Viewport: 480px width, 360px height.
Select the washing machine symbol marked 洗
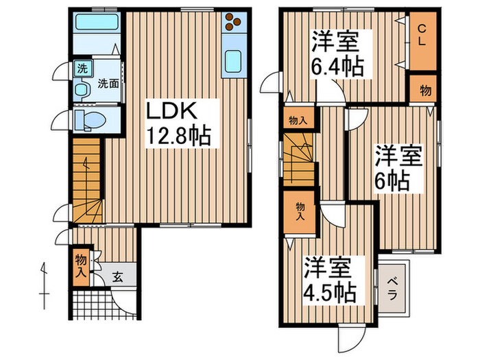(82, 69)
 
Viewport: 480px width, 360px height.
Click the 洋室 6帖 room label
(397, 167)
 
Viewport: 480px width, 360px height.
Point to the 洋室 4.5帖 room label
(329, 280)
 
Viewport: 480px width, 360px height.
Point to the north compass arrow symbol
(43, 278)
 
